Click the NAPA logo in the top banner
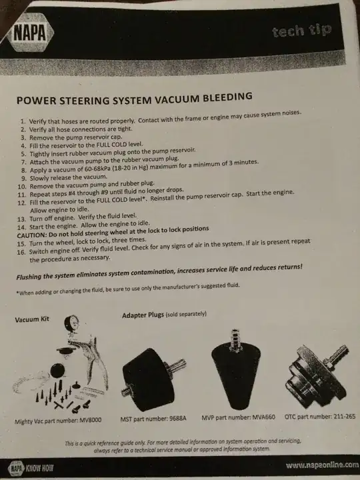[x=30, y=33]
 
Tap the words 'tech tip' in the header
[x=301, y=31]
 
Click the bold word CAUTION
[x=31, y=235]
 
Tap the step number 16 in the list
[x=21, y=253]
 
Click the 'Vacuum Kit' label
[x=32, y=319]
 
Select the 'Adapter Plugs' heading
[x=143, y=315]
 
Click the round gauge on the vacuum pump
[x=71, y=323]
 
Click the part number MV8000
[x=90, y=420]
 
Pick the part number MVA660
[x=263, y=417]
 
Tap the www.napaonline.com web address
[x=322, y=465]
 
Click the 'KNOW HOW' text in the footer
[x=39, y=469]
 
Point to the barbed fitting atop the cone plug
[x=235, y=340]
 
